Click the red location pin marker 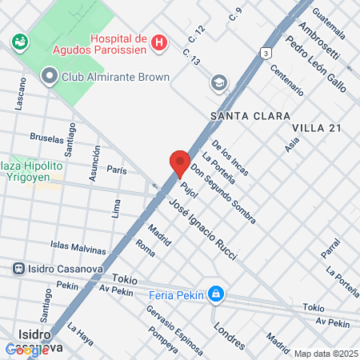tap(179, 162)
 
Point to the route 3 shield tap(265, 52)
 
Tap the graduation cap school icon tap(218, 83)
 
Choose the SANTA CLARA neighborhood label tap(250, 116)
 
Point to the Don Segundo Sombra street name tap(216, 185)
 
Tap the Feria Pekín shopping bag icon tap(214, 295)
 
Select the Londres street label tap(230, 336)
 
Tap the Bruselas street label tap(46, 138)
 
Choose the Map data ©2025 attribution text tap(326, 354)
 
